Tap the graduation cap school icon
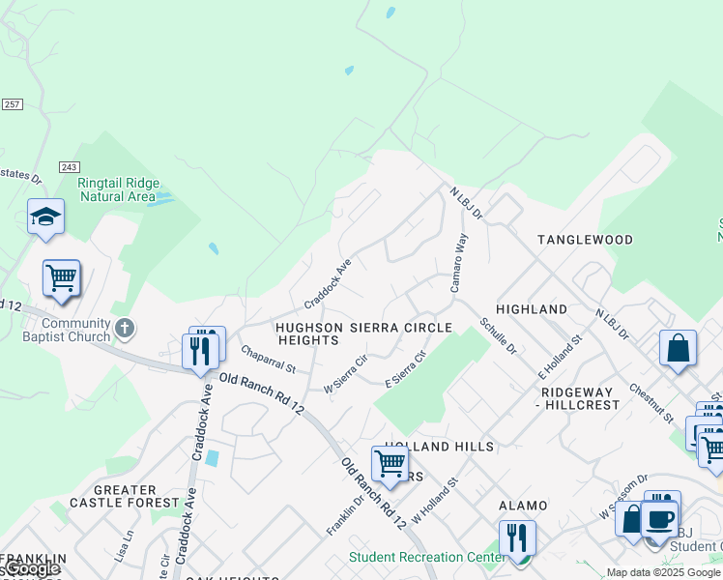(45, 217)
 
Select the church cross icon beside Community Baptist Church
(124, 329)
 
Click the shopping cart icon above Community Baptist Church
(61, 278)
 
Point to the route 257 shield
(12, 104)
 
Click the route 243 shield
(68, 167)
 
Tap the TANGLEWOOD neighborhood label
(585, 239)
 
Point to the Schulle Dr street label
(498, 335)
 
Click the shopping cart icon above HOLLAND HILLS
(390, 463)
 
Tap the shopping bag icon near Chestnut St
(678, 348)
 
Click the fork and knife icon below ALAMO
(516, 536)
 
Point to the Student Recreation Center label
(425, 557)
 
